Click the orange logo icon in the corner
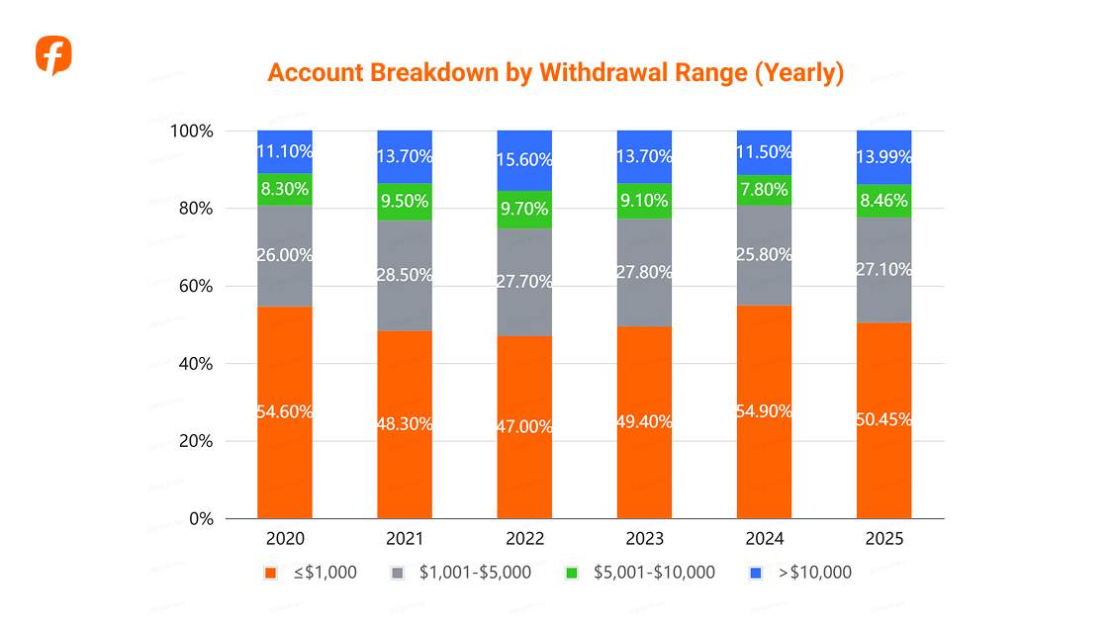click(53, 55)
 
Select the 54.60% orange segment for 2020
click(285, 412)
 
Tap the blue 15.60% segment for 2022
click(524, 160)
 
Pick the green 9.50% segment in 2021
click(405, 202)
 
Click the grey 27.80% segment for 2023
click(644, 272)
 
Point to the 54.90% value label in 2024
click(764, 410)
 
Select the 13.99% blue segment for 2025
click(884, 157)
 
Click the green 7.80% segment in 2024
click(764, 190)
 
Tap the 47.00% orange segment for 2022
click(524, 427)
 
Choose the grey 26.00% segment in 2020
click(285, 255)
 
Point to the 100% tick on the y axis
click(192, 132)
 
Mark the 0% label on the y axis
click(201, 518)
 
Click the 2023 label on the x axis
click(644, 539)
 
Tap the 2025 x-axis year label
click(884, 539)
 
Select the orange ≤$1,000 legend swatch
click(270, 573)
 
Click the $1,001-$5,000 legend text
click(475, 573)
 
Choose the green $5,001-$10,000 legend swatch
click(571, 573)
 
